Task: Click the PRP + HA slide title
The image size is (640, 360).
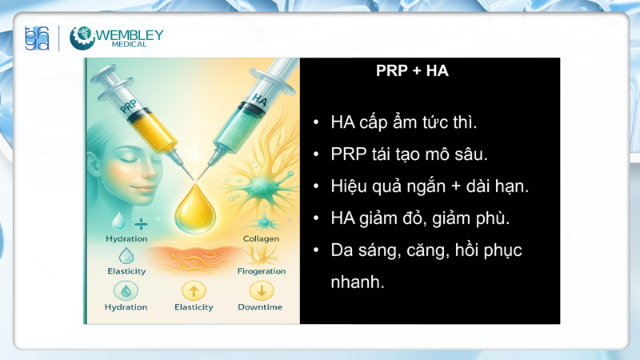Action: click(x=412, y=71)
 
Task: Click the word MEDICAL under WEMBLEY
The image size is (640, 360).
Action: click(x=130, y=45)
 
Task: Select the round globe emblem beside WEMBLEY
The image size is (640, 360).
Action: click(x=82, y=38)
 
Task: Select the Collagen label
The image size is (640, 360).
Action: click(x=261, y=238)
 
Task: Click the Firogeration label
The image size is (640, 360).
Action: click(x=261, y=271)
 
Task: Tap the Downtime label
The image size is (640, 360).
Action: click(x=260, y=307)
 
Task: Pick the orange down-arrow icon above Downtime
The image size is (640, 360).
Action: click(x=261, y=290)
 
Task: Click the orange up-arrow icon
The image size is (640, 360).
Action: click(x=194, y=290)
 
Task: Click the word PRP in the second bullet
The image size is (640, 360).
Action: click(x=348, y=154)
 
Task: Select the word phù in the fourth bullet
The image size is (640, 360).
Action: click(x=493, y=218)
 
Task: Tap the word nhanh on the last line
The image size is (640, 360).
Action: click(x=358, y=282)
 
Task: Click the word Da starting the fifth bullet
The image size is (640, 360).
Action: click(x=342, y=250)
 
